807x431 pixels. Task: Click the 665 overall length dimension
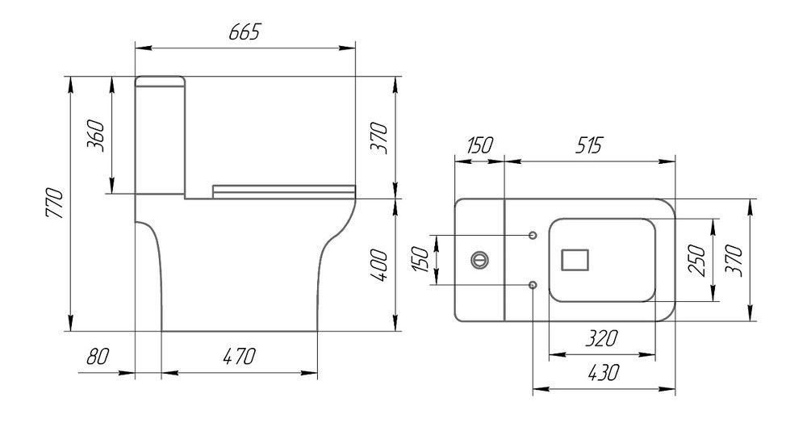coord(245,32)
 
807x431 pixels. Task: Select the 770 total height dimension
coord(54,204)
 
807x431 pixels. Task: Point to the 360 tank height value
coord(96,136)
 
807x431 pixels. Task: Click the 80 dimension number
coord(98,356)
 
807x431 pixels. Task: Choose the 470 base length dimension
coord(239,356)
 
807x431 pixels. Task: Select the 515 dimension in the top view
coord(588,146)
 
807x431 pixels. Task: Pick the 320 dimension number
coord(602,339)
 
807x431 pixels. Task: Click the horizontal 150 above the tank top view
coord(479,146)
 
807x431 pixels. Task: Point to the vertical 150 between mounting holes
coord(420,260)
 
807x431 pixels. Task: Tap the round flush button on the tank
coord(479,260)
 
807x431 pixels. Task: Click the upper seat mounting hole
coord(533,236)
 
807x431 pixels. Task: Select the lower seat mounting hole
coord(533,285)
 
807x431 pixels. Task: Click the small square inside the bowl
coord(575,260)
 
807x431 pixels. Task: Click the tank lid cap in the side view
coord(160,81)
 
